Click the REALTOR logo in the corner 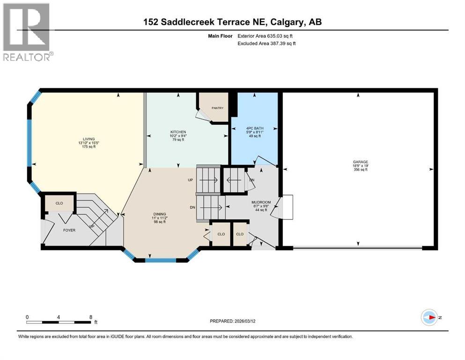point(26,32)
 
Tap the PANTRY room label point(217,108)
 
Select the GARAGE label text point(361,162)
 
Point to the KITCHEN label point(178,132)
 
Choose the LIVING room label point(89,139)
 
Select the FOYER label point(69,230)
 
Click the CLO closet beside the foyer point(59,203)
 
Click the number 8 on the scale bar point(90,316)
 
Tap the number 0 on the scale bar point(27,316)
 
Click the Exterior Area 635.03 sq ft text point(267,36)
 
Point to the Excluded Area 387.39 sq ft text point(267,43)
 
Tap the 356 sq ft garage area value point(361,170)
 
